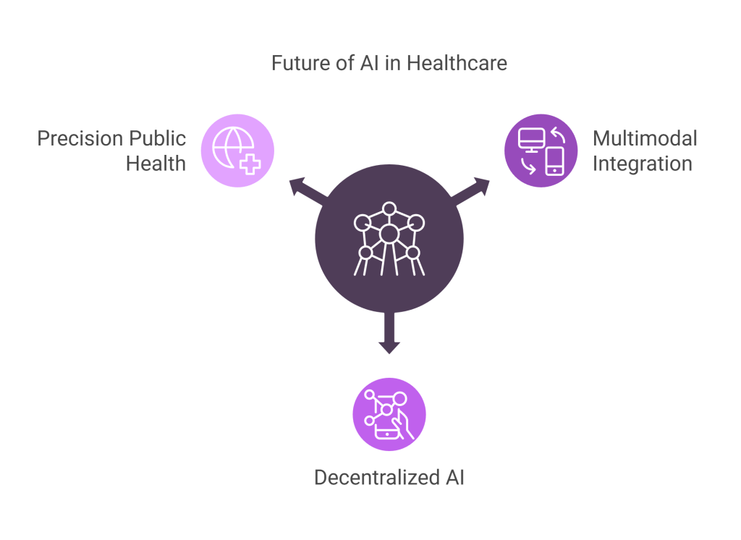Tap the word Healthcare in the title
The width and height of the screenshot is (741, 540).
click(x=457, y=63)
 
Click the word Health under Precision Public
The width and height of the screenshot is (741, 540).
click(x=156, y=164)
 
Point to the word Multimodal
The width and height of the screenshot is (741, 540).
click(x=645, y=138)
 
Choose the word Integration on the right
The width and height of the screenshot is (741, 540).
click(x=643, y=164)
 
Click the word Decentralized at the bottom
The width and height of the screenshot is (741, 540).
click(x=375, y=477)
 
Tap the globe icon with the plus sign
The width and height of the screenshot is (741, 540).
click(x=237, y=150)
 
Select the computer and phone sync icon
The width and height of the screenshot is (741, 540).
click(x=541, y=151)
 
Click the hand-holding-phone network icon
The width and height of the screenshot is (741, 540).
click(x=389, y=414)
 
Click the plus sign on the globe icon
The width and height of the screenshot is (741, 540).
click(x=250, y=164)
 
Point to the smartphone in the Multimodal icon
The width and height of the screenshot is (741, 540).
click(x=554, y=161)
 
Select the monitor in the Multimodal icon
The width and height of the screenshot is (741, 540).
click(x=531, y=138)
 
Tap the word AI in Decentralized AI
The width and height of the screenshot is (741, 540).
click(x=452, y=477)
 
